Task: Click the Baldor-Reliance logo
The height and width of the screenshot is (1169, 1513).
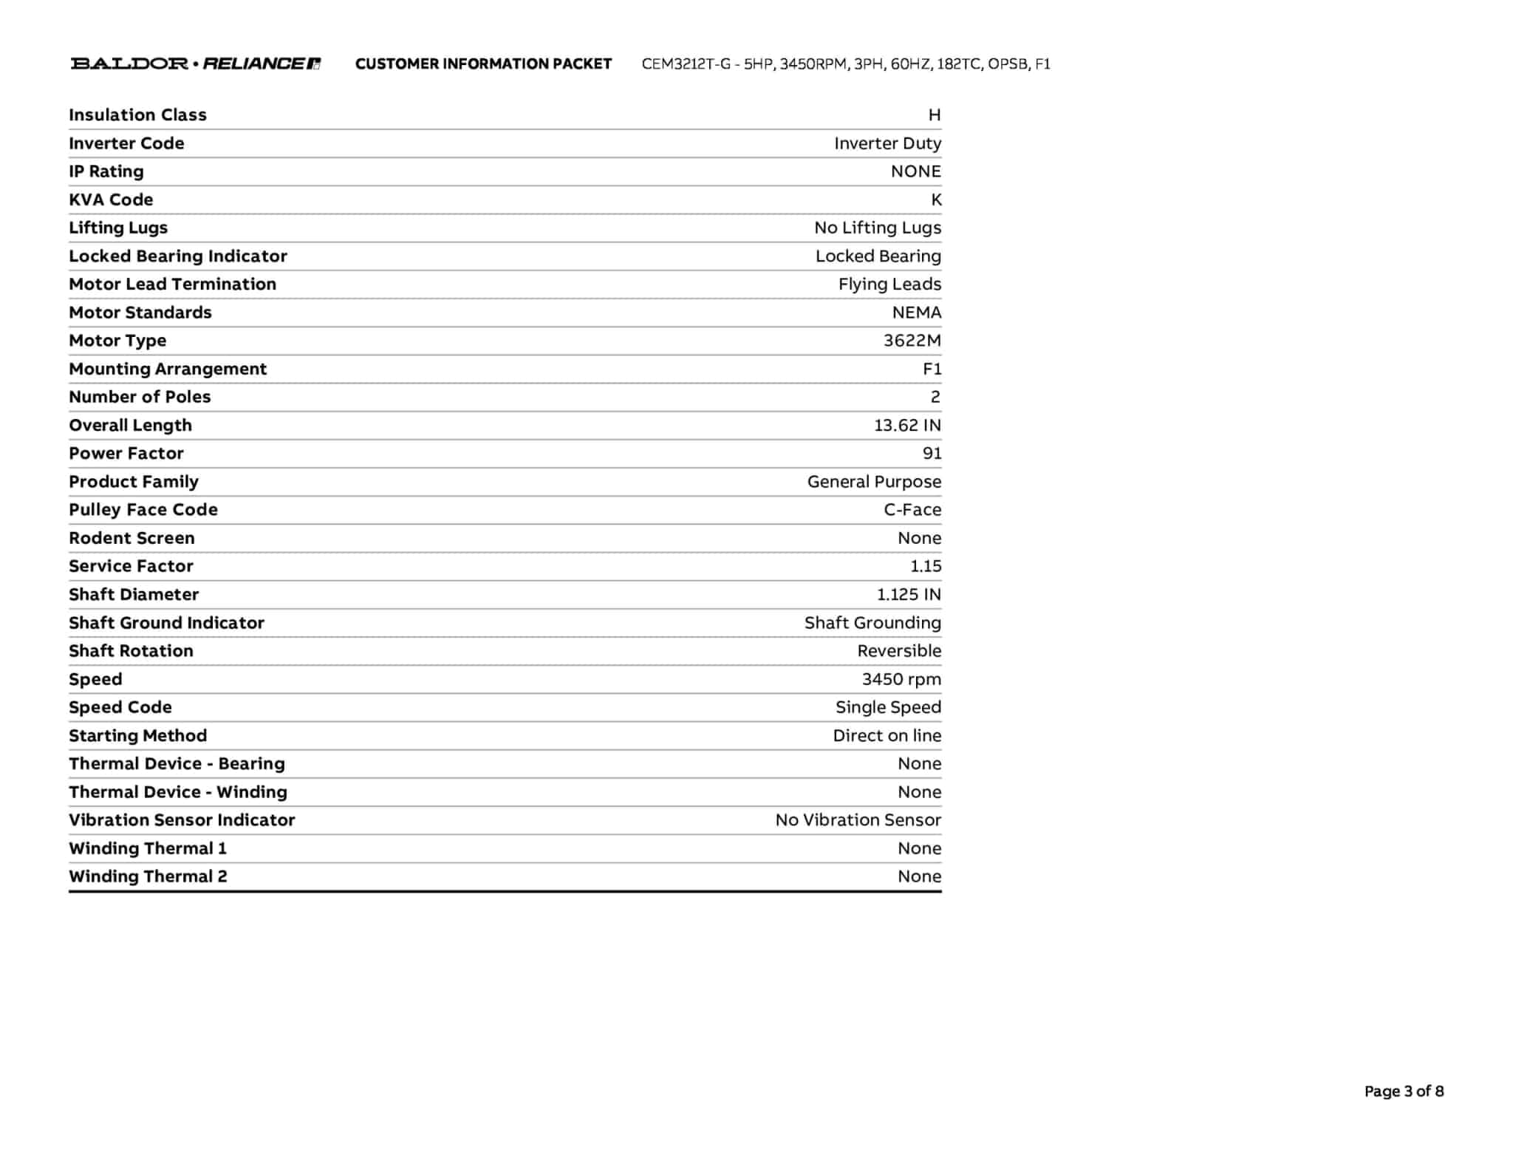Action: (196, 64)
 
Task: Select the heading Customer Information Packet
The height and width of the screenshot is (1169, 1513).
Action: (483, 64)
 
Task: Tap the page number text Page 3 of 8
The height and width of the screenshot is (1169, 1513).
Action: (1404, 1091)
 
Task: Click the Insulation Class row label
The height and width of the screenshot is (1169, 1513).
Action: (137, 115)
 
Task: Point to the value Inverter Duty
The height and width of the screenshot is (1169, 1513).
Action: (887, 143)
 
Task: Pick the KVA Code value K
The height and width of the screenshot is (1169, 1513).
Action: (936, 200)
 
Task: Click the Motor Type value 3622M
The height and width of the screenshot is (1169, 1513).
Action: (912, 341)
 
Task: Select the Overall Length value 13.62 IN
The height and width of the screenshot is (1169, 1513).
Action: (907, 426)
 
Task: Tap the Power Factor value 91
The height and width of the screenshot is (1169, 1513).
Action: (932, 454)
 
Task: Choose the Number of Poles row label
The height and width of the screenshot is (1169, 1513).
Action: (140, 398)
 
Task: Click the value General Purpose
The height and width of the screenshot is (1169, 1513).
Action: (874, 482)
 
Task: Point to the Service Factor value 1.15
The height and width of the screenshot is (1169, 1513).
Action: (926, 567)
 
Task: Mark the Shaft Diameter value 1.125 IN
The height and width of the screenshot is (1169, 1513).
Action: (909, 595)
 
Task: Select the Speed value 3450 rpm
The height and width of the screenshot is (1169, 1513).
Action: (901, 680)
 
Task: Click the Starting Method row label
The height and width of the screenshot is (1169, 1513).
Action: (137, 736)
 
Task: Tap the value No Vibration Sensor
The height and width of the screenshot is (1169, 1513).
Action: (858, 820)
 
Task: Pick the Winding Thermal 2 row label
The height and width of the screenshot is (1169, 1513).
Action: (148, 877)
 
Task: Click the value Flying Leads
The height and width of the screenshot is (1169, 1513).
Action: (889, 284)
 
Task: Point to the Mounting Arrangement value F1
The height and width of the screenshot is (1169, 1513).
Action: (932, 369)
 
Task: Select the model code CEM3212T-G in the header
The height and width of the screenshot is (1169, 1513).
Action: (686, 64)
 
